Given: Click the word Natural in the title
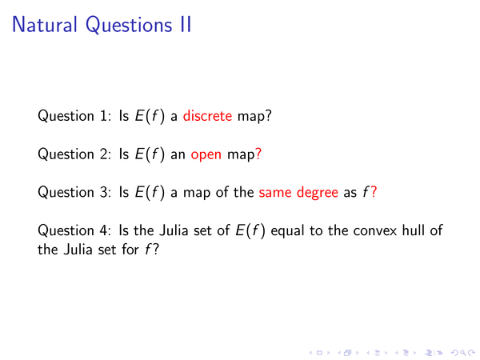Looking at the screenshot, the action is click(x=44, y=25).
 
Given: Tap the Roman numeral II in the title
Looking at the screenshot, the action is click(x=186, y=25).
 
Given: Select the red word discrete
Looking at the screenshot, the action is click(x=207, y=116).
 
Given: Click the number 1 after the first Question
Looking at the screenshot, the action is click(x=103, y=116).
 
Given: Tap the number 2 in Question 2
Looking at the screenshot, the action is click(x=103, y=154).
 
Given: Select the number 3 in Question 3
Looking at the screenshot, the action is click(x=103, y=192).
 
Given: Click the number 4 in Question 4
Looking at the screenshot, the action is click(x=103, y=230).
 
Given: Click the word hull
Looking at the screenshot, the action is click(x=413, y=230).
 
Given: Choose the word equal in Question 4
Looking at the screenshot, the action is click(x=287, y=231).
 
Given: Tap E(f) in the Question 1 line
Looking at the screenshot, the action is click(x=150, y=116).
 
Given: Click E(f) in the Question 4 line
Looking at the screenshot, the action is click(x=250, y=230).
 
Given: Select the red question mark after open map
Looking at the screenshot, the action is click(x=258, y=154).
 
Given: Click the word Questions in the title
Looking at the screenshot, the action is click(x=129, y=25).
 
